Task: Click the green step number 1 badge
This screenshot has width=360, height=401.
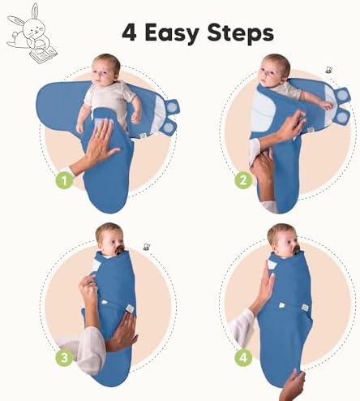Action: coord(64,180)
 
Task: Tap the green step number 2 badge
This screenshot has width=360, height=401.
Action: coord(243,180)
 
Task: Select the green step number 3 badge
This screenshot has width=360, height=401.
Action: coord(64,358)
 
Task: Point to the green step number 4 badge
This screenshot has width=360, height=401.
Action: coord(243,358)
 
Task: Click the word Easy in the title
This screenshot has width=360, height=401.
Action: coord(172,33)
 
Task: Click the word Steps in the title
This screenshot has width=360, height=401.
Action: coord(241,33)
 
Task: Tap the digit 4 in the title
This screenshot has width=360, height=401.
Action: coord(129,32)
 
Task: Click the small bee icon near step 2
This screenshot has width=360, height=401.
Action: coord(329,70)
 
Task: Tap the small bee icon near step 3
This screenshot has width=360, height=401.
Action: coord(147,247)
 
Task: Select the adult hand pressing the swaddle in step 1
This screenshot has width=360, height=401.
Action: coord(100,144)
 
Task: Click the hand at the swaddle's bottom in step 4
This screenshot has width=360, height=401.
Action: coord(294,386)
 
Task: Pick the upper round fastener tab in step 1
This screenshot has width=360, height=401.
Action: coord(172,106)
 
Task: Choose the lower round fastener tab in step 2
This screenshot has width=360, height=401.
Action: coord(342,117)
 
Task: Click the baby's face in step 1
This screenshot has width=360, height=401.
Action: coord(101,71)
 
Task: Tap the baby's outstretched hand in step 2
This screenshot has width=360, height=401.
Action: coord(326,106)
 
